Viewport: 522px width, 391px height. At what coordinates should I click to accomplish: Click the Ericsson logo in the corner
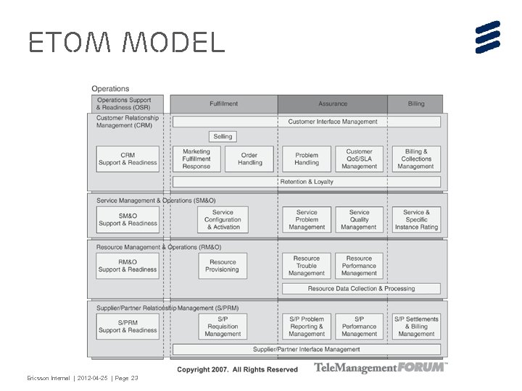pos(488,37)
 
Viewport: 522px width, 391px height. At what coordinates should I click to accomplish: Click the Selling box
pos(223,136)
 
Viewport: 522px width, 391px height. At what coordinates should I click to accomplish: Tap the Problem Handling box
pos(307,159)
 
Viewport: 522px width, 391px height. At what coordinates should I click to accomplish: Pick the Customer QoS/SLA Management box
pos(359,159)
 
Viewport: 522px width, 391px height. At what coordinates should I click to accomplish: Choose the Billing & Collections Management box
pos(416,159)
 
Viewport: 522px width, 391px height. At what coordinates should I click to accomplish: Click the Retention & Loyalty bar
pos(307,182)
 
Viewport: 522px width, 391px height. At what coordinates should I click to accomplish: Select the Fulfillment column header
pos(223,104)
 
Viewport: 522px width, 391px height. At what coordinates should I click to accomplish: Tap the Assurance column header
pos(333,104)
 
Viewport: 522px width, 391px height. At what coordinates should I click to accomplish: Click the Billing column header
pos(416,104)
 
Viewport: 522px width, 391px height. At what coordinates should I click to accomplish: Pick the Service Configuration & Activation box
pos(223,219)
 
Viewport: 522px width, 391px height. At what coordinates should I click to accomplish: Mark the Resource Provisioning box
pos(223,266)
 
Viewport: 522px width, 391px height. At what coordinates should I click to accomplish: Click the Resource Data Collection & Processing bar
pos(361,288)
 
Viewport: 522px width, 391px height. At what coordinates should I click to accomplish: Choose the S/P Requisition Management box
pos(223,327)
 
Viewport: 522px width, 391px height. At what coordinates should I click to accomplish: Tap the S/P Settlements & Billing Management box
pos(416,327)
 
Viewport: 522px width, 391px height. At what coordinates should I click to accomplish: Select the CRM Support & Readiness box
pos(128,159)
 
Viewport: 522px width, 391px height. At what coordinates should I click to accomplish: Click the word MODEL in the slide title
pos(174,43)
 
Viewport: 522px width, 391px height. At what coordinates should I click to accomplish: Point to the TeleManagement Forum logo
pos(381,368)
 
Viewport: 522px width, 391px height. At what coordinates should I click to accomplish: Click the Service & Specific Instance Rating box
pos(416,219)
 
